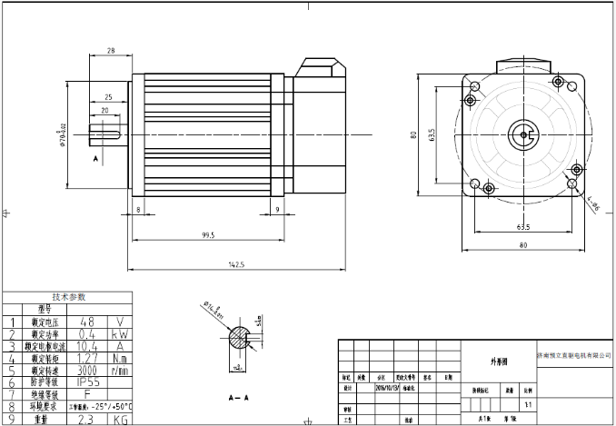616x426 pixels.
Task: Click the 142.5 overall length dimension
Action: click(237, 263)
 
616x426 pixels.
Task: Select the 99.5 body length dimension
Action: click(209, 235)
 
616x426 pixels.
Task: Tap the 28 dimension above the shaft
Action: click(110, 51)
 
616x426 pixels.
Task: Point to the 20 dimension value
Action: click(105, 110)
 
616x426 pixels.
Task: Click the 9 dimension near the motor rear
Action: click(276, 209)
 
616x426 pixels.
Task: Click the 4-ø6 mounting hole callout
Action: click(592, 206)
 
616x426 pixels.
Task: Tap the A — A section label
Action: click(240, 398)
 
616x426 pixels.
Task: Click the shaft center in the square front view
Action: click(524, 134)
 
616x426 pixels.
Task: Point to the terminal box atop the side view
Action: click(322, 70)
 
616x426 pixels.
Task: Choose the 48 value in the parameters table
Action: click(88, 322)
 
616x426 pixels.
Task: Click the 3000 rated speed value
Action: click(88, 371)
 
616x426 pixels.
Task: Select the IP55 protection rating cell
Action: click(88, 383)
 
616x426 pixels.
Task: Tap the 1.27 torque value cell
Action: click(88, 359)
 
